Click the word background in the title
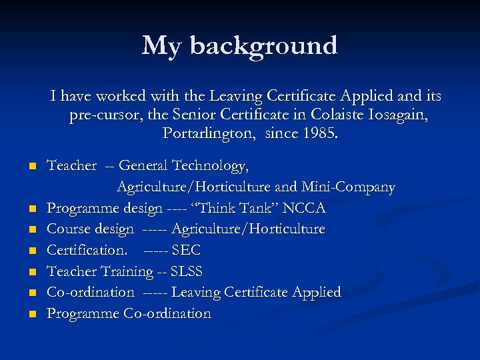point(264,46)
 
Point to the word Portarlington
point(210,133)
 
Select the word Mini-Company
point(348,187)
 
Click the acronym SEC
point(186,250)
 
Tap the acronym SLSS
point(187,271)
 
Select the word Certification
point(87,250)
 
